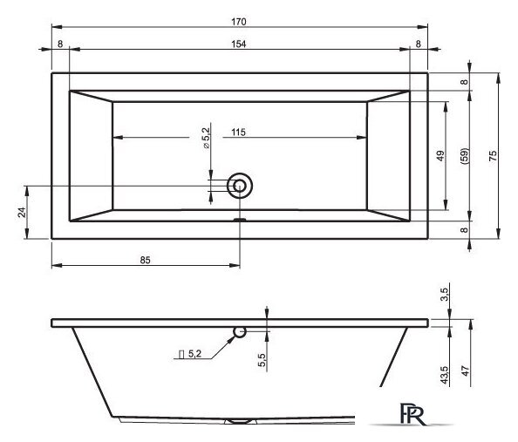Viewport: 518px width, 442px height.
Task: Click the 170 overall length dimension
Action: [x=239, y=22]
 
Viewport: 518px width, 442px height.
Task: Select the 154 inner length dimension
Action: [x=239, y=44]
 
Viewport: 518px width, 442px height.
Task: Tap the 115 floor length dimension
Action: [x=239, y=133]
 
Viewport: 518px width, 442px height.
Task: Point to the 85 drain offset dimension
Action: [x=145, y=261]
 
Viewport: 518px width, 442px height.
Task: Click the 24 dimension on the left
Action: [x=22, y=212]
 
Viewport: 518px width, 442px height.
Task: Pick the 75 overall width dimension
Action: [x=493, y=155]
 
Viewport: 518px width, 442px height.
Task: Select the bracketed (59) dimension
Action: [x=464, y=155]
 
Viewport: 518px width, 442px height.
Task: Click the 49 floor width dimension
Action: [x=440, y=155]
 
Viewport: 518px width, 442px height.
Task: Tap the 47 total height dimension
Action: [x=465, y=371]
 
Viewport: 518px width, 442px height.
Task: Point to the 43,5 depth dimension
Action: [x=445, y=375]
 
